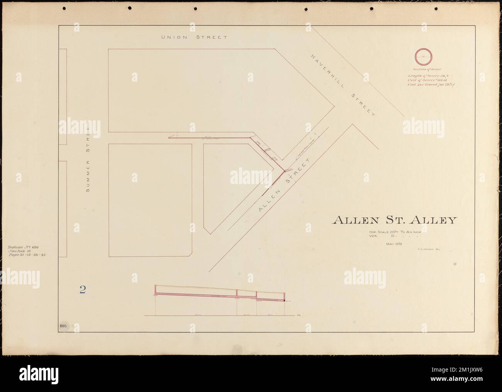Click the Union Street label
(193, 37)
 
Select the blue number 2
(83, 290)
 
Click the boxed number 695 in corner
(64, 326)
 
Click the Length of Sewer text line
(424, 76)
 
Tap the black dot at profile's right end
(285, 300)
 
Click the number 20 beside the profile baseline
(299, 316)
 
